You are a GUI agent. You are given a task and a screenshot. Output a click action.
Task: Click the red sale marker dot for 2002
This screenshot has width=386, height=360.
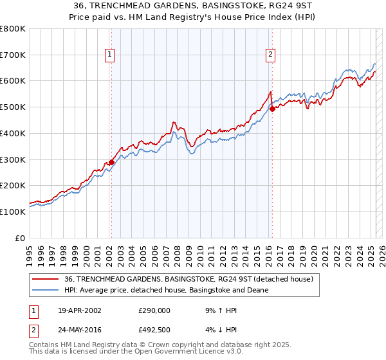click(x=111, y=162)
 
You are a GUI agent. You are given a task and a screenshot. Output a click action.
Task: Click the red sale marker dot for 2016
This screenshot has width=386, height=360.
click(x=271, y=109)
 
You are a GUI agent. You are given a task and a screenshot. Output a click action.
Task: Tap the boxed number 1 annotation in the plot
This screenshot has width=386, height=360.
click(x=111, y=55)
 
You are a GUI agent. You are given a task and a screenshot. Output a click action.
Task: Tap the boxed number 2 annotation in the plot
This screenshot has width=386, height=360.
click(x=271, y=55)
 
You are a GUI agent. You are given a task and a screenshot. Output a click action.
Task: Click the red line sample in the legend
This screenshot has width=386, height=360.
click(x=45, y=279)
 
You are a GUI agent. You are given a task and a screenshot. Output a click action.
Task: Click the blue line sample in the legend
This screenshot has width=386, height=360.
click(x=45, y=290)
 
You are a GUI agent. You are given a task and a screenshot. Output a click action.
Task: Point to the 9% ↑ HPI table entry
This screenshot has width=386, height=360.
click(x=221, y=310)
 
